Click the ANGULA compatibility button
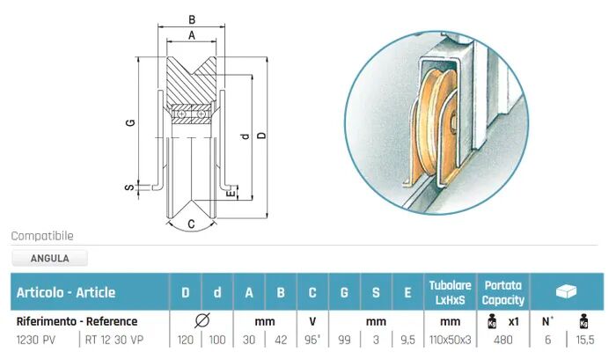pos(49,259)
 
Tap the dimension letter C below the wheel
pos(191,224)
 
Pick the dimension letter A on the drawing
pos(192,35)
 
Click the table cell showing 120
pos(185,340)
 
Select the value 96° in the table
pos(312,340)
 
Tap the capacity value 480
pos(502,340)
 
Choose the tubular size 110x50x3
pos(450,340)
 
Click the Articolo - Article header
pos(66,292)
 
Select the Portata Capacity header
pos(502,292)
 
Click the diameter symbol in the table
pos(201,321)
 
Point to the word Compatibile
pos(42,236)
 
